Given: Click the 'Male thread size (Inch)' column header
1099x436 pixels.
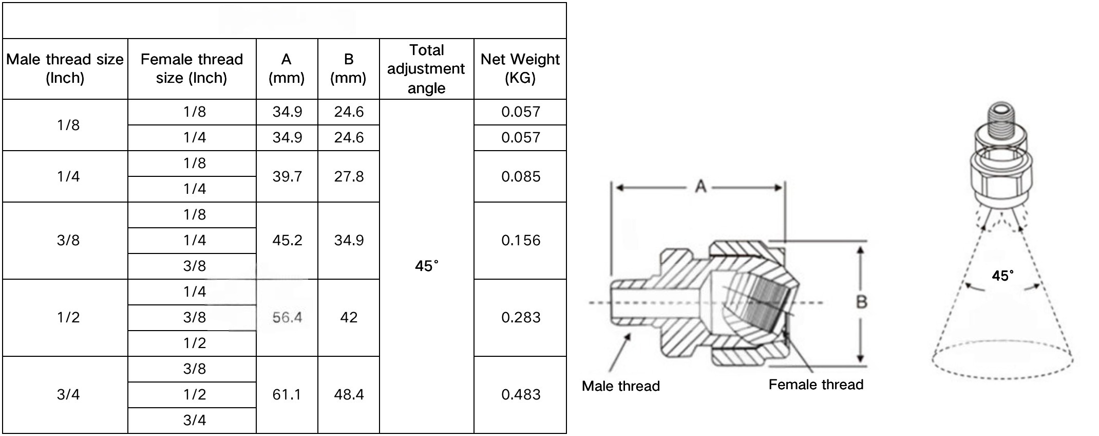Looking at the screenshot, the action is (65, 69).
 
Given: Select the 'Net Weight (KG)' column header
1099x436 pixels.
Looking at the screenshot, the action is (520, 69).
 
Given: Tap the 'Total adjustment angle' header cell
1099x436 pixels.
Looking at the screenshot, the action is (426, 69).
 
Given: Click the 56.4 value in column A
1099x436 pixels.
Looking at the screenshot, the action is (287, 318).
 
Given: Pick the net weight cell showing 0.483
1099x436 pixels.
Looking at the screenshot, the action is (521, 395).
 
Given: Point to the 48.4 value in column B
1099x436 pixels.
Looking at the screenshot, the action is (349, 395).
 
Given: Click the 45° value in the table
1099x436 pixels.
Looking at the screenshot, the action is (427, 266).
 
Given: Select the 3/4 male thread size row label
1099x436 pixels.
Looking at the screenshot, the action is (68, 395).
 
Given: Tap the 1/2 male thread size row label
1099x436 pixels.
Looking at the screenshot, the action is (68, 318).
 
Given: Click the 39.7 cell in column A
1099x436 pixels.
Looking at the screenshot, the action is (287, 176).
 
